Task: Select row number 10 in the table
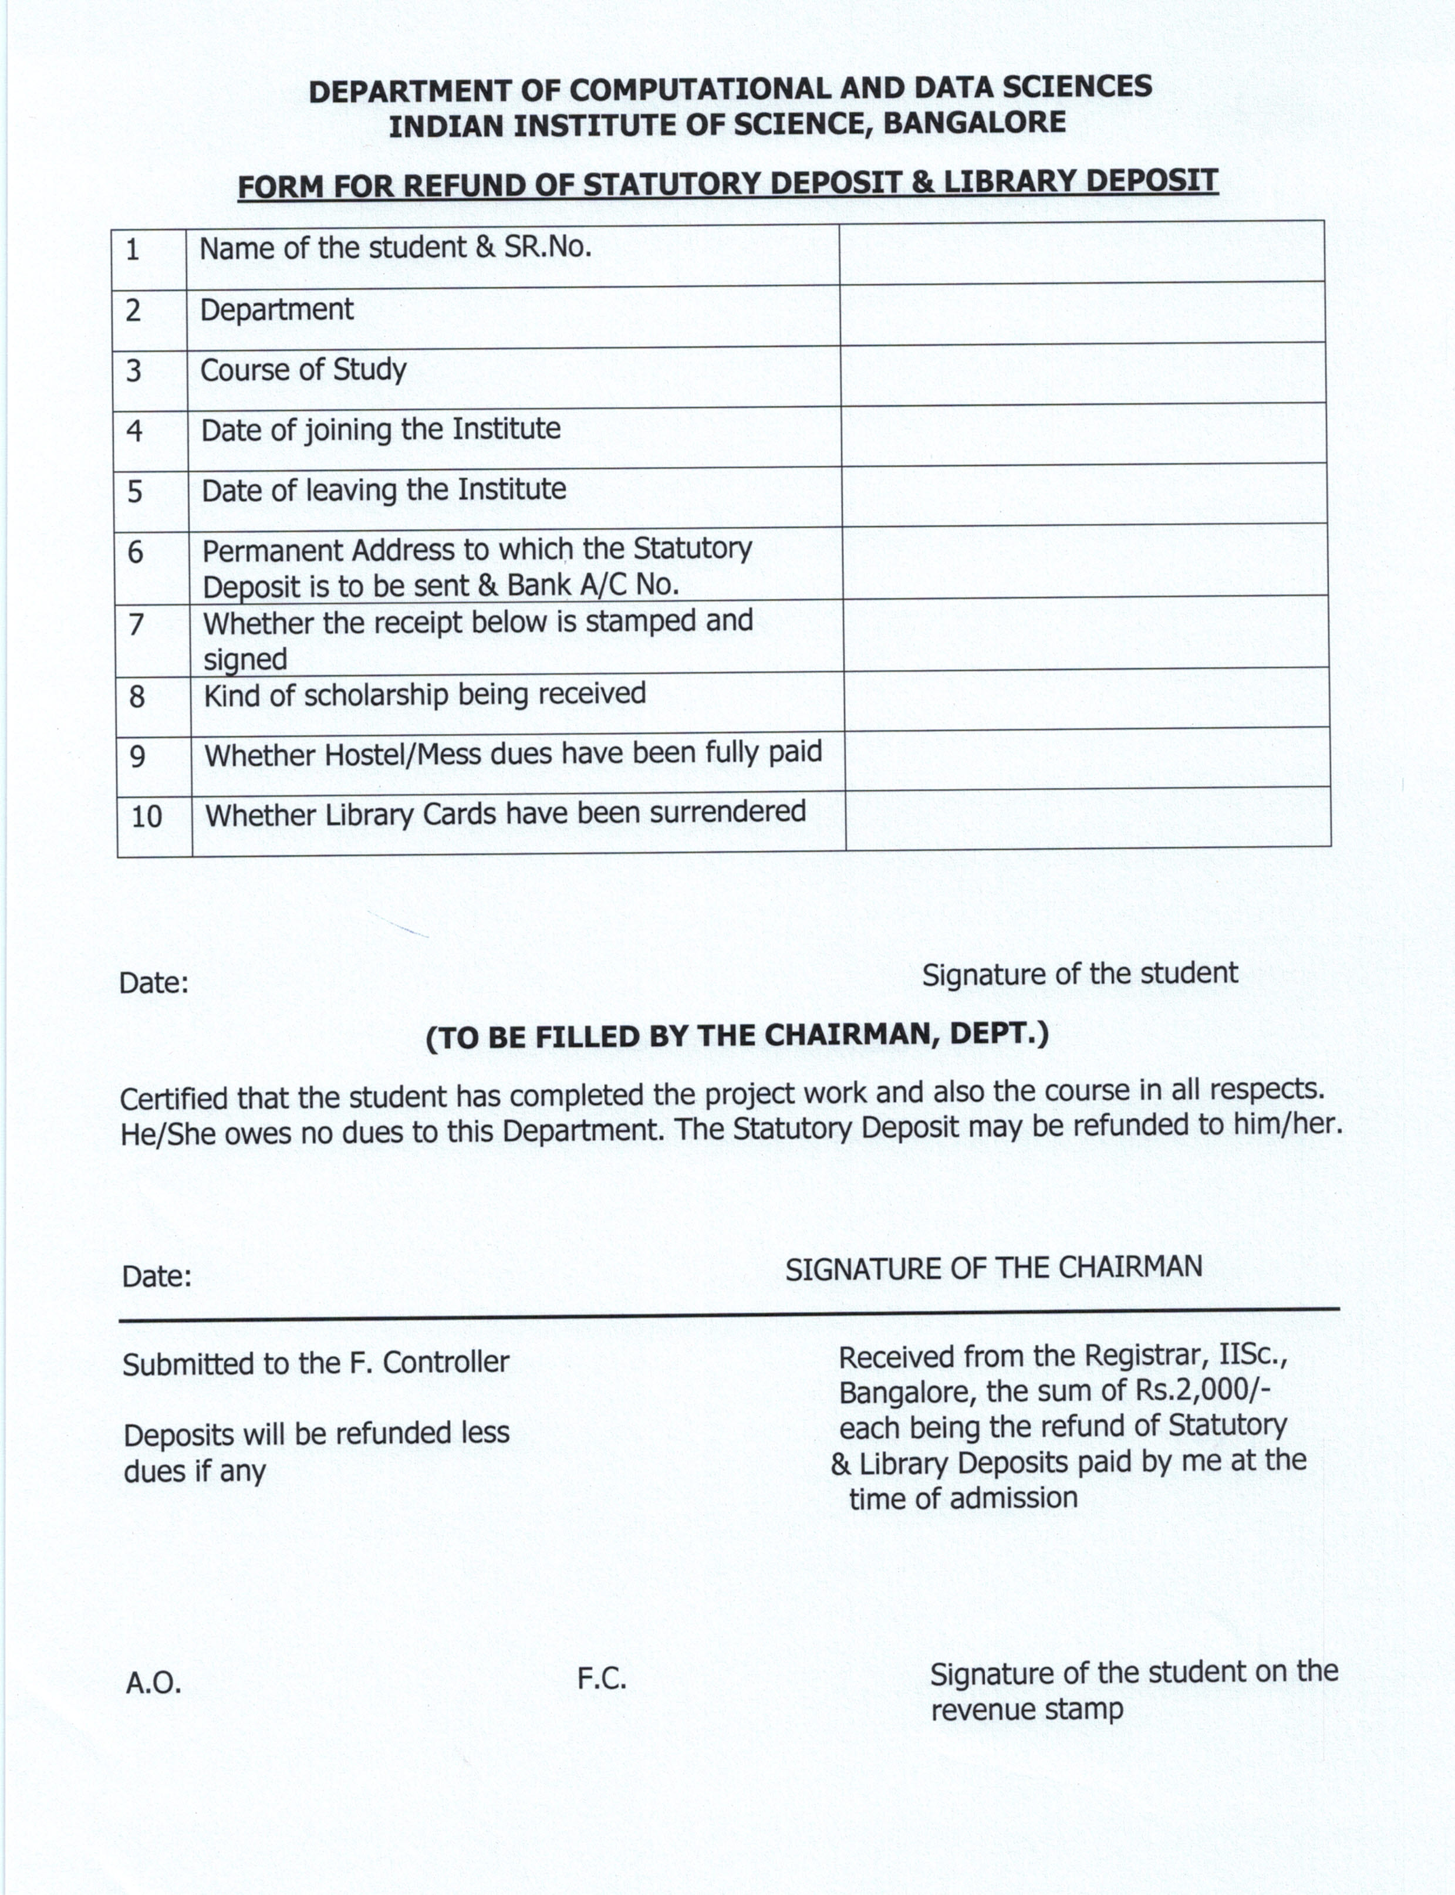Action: pos(146,817)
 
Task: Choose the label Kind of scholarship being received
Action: pos(424,695)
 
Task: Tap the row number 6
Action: pos(135,552)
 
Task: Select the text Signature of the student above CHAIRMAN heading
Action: pos(1079,974)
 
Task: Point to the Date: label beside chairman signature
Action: pos(157,1276)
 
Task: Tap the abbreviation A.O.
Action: pos(153,1683)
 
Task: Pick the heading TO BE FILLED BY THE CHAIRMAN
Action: pos(737,1036)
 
